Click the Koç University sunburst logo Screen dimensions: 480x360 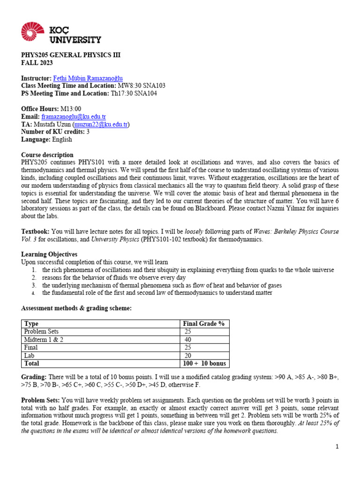pyautogui.click(x=33, y=32)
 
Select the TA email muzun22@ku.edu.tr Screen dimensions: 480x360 pyautogui.click(x=100, y=124)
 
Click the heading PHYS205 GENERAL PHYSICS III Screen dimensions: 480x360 pyautogui.click(x=71, y=55)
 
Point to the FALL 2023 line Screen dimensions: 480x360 pyautogui.click(x=37, y=63)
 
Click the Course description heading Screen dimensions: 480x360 pyautogui.click(x=47, y=155)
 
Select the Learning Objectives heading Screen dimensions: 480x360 pyautogui.click(x=49, y=255)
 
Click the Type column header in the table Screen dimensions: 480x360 pyautogui.click(x=31, y=324)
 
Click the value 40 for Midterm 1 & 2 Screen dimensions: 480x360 pyautogui.click(x=188, y=340)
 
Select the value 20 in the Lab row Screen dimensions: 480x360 pyautogui.click(x=188, y=356)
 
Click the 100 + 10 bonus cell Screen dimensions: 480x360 pyautogui.click(x=204, y=363)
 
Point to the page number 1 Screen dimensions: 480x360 pyautogui.click(x=337, y=447)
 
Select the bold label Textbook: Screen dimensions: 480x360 pyautogui.click(x=36, y=232)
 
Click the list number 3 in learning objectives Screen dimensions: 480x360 pyautogui.click(x=34, y=285)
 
